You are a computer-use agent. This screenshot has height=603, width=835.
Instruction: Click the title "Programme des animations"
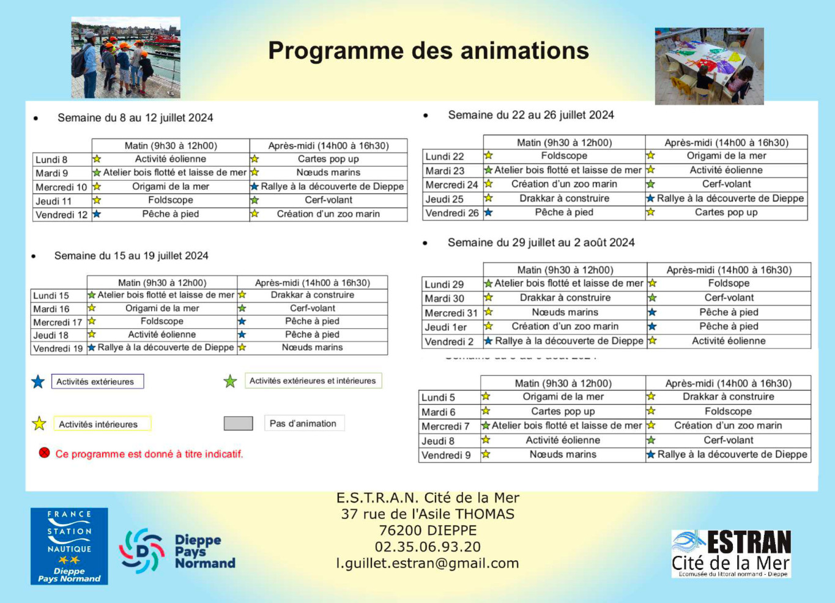tap(428, 51)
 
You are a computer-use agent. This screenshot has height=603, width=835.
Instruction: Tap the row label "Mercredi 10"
tap(61, 187)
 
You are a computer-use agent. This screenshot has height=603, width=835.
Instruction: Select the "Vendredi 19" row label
tap(58, 348)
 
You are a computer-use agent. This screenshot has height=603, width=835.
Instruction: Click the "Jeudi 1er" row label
tap(446, 327)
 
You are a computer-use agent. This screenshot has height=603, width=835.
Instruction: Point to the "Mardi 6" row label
tap(439, 412)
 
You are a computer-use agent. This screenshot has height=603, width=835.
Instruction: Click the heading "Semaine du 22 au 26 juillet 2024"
tap(530, 115)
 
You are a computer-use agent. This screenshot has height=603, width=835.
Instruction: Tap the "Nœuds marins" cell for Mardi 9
tap(328, 173)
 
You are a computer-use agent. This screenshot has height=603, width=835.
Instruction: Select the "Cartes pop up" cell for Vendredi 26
tap(726, 212)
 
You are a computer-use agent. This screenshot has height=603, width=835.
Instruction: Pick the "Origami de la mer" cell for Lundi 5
tap(563, 397)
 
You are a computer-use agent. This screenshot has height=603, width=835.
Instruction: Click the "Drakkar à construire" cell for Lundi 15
tap(313, 295)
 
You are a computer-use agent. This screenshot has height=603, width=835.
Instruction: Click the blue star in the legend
tap(38, 382)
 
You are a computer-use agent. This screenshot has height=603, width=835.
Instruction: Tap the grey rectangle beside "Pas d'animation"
tap(238, 424)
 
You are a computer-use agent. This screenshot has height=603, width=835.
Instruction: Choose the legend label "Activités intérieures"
tap(98, 424)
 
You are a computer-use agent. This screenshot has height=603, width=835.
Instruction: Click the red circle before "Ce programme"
tap(44, 453)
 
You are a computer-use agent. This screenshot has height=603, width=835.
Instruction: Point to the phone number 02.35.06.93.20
tap(428, 547)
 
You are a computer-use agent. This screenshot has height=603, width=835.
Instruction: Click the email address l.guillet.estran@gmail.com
tap(428, 563)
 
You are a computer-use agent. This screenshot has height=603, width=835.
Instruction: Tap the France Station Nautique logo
tap(69, 546)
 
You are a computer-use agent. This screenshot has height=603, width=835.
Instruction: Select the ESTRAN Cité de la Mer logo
tap(731, 554)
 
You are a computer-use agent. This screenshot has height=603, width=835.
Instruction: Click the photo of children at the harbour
tap(126, 58)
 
